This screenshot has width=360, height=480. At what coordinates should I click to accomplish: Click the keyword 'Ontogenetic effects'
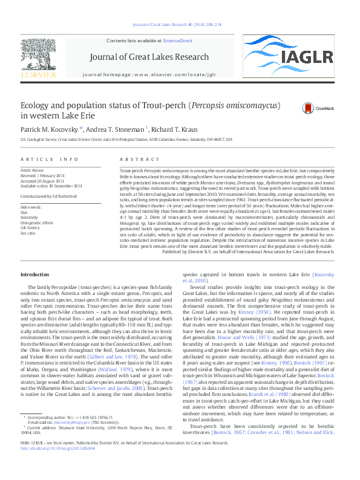coord(36,222)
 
